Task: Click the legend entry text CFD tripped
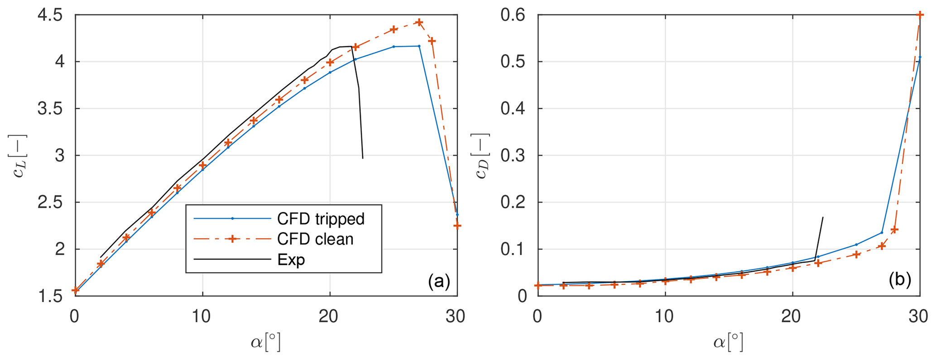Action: click(321, 219)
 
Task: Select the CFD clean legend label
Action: click(315, 239)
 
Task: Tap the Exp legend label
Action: click(291, 259)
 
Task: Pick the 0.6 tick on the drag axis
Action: click(514, 16)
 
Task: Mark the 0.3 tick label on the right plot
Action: click(514, 156)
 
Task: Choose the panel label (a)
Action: click(439, 282)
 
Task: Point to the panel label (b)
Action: click(899, 280)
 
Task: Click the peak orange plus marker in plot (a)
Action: click(419, 22)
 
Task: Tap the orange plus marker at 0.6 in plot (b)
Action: click(920, 15)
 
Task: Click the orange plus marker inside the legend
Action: click(232, 239)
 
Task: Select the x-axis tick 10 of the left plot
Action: click(202, 317)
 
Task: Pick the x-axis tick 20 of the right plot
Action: click(792, 317)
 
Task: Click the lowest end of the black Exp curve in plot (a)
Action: click(363, 158)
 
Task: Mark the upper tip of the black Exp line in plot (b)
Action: click(823, 217)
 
